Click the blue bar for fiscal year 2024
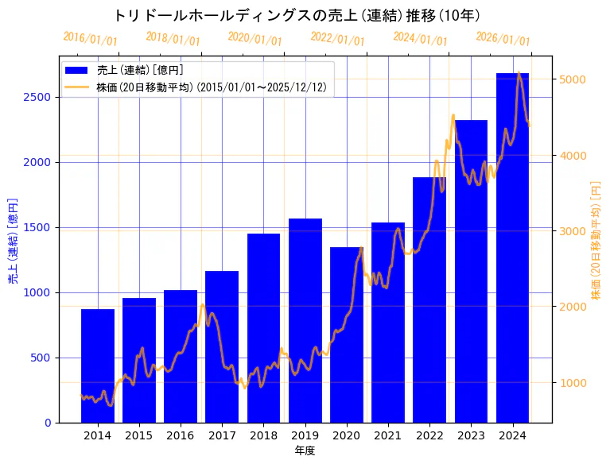tap(512, 247)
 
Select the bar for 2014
tap(98, 365)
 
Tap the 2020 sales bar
tap(347, 334)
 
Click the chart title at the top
tap(296, 15)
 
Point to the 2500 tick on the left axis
tap(40, 97)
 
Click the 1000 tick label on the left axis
tap(40, 292)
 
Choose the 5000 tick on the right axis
tap(573, 79)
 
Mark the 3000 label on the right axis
tap(573, 231)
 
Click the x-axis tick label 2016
tap(181, 435)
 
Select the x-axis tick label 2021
tap(388, 435)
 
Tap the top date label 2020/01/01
tap(255, 39)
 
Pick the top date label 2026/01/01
tap(503, 39)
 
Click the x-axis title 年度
tap(305, 450)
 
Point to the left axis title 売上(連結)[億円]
tap(13, 240)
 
